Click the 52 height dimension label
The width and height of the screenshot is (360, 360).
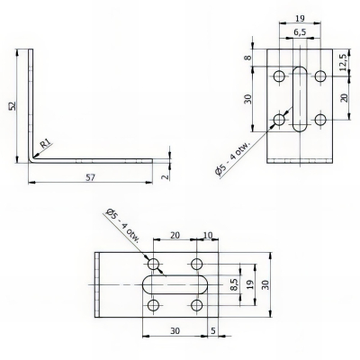click(12, 105)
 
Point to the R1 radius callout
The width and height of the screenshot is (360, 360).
click(43, 141)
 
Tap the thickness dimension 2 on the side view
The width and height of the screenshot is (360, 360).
click(164, 176)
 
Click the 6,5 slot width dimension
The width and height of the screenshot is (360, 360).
click(300, 32)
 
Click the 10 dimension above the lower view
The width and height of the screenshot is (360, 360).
click(209, 236)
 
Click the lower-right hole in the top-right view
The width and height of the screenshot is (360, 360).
click(321, 119)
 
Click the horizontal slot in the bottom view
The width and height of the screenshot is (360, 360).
click(175, 285)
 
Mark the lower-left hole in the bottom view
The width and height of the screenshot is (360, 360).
click(154, 307)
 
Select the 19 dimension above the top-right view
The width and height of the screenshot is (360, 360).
click(300, 15)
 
